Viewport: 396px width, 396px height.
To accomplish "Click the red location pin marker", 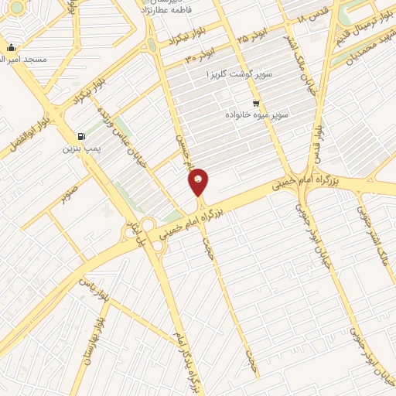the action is coord(199,182).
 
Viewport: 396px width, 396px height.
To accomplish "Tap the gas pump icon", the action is coord(82,136).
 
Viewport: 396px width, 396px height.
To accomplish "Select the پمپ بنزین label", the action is coord(81,148).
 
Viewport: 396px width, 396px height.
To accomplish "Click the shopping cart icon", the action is coord(256,103).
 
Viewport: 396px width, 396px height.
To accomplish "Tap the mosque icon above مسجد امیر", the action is coord(12,47).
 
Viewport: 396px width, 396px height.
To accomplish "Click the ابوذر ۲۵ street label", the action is coord(257,34).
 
